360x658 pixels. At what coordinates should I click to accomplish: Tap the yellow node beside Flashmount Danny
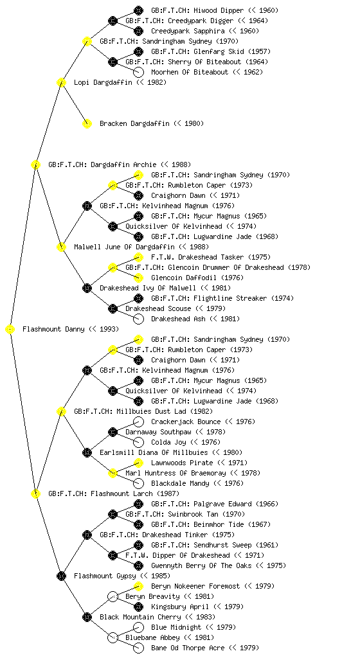(10, 330)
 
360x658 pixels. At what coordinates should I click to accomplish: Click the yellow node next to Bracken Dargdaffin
(87, 124)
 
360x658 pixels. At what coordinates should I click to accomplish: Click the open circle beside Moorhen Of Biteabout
(138, 72)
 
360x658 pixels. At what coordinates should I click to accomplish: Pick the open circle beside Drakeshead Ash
(138, 319)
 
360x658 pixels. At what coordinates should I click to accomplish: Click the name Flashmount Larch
(122, 494)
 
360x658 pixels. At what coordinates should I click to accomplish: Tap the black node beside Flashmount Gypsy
(61, 576)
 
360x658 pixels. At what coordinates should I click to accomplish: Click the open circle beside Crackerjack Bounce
(138, 422)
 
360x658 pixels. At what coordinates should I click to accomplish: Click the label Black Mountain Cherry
(140, 618)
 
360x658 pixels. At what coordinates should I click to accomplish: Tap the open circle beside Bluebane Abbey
(113, 638)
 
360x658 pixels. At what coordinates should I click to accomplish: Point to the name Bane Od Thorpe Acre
(188, 648)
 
